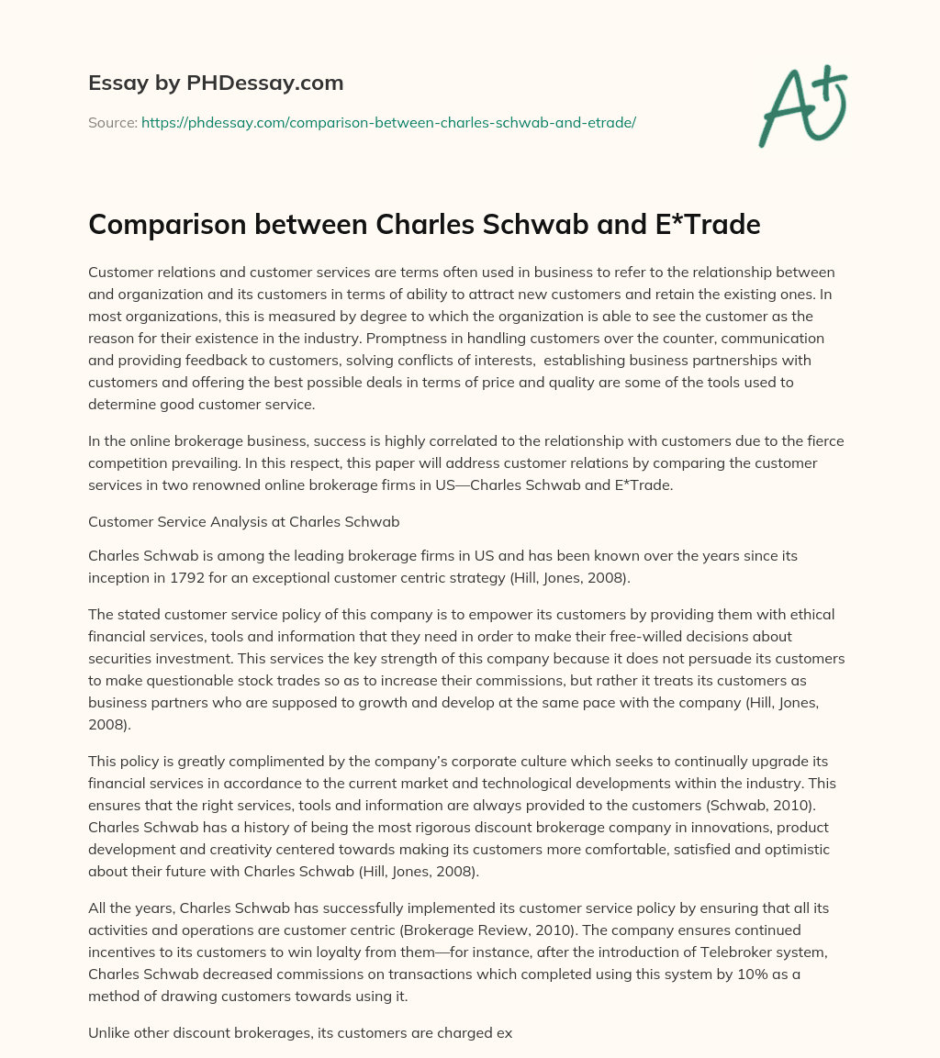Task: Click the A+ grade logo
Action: tap(801, 107)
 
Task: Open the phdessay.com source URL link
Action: tap(388, 122)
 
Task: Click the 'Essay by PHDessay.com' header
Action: tap(216, 84)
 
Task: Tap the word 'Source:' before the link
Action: tap(112, 122)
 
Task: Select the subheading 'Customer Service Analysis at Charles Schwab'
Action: tap(243, 521)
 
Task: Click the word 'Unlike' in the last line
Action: tap(109, 1032)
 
